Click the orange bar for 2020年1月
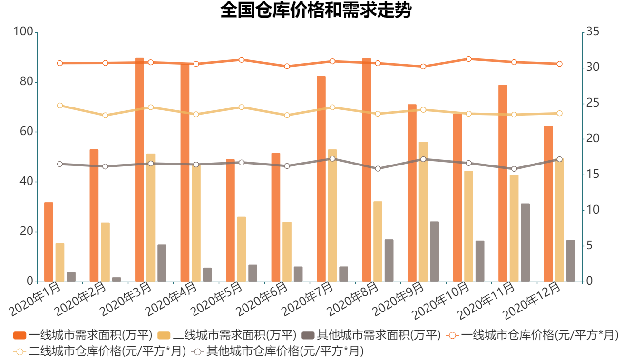click(x=49, y=242)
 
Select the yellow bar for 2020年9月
click(x=423, y=211)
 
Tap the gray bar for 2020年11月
click(x=525, y=242)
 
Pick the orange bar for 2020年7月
click(x=321, y=178)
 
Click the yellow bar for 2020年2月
click(x=105, y=252)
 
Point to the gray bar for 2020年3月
click(x=162, y=263)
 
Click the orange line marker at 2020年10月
click(x=468, y=59)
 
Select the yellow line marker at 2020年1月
click(x=60, y=106)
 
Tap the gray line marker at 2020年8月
click(x=378, y=169)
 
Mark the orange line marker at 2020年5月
click(x=242, y=60)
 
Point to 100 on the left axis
click(x=23, y=32)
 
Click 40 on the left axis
click(x=25, y=182)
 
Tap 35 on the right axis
click(x=592, y=32)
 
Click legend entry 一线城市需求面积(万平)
click(x=83, y=335)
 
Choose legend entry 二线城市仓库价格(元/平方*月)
click(x=100, y=352)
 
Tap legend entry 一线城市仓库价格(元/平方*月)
click(x=533, y=335)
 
